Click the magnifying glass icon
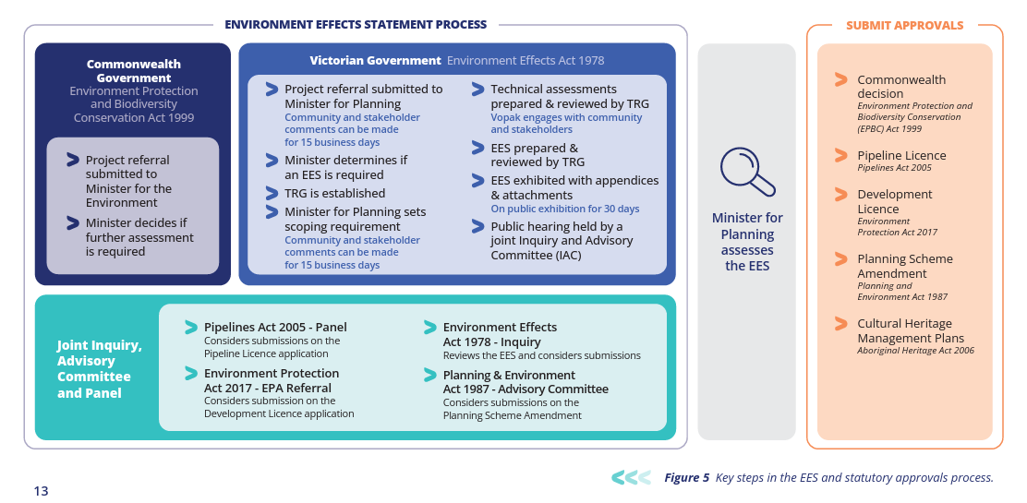pyautogui.click(x=747, y=172)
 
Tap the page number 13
pyautogui.click(x=41, y=491)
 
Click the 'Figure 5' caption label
pyautogui.click(x=687, y=477)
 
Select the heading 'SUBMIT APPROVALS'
pyautogui.click(x=904, y=26)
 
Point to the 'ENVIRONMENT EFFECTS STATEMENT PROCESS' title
pyautogui.click(x=356, y=25)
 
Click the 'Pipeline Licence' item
pyautogui.click(x=900, y=155)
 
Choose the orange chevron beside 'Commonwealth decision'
pyautogui.click(x=840, y=80)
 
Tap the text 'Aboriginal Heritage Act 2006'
pyautogui.click(x=915, y=351)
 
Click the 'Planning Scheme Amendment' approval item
pyautogui.click(x=904, y=266)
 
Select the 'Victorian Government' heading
pyautogui.click(x=375, y=61)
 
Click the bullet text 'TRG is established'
pyautogui.click(x=334, y=193)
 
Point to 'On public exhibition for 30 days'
pyautogui.click(x=564, y=209)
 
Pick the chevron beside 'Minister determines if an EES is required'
pyautogui.click(x=272, y=161)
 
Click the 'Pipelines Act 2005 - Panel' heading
pyautogui.click(x=275, y=327)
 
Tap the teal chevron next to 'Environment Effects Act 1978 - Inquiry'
pyautogui.click(x=429, y=328)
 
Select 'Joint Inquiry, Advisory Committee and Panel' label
pyautogui.click(x=99, y=368)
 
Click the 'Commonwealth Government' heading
pyautogui.click(x=134, y=71)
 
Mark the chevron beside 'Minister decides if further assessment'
pyautogui.click(x=73, y=223)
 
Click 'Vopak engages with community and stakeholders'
pyautogui.click(x=565, y=124)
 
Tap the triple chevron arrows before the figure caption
pyautogui.click(x=631, y=477)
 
